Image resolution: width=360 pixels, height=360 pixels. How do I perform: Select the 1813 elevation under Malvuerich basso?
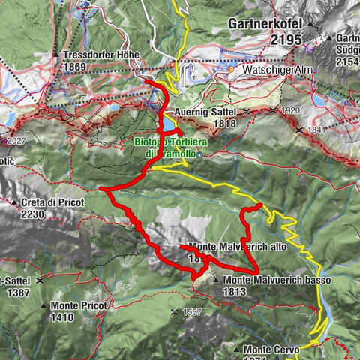click(234, 291)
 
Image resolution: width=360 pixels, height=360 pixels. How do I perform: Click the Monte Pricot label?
click(79, 306)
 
